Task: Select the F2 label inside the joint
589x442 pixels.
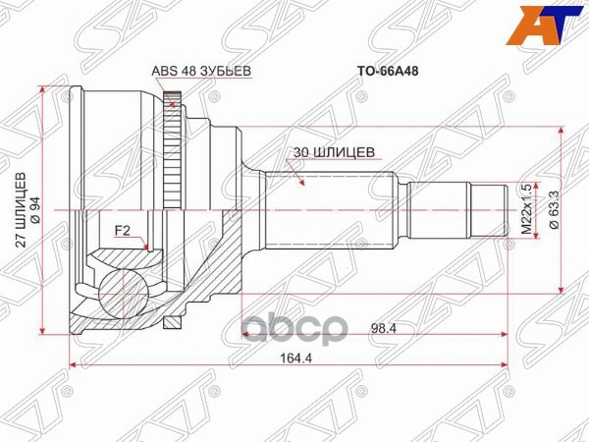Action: click(124, 231)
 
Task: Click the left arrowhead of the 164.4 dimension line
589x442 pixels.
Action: click(74, 369)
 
